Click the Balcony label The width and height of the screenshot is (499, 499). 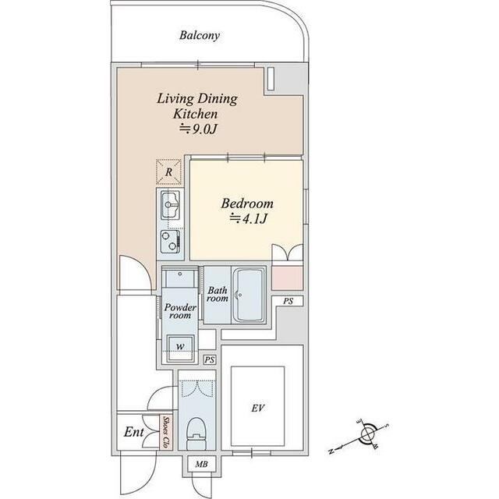point(200,35)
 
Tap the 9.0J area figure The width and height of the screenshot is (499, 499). point(199,129)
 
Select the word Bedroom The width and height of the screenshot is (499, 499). point(247,203)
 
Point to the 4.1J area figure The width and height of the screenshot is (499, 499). point(249,218)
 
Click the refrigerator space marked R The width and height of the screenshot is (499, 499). point(168,172)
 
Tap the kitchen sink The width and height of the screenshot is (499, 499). point(171,205)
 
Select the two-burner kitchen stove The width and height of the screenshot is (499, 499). point(170,242)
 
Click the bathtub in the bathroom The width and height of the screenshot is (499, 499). point(249,296)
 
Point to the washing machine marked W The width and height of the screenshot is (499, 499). point(180,348)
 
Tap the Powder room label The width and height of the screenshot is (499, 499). point(180,311)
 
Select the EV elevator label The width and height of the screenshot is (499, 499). point(257,408)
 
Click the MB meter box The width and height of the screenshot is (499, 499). point(201,464)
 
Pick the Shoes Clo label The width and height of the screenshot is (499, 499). point(166,432)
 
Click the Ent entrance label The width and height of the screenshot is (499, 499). point(133,432)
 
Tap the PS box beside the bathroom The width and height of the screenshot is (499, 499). point(288,301)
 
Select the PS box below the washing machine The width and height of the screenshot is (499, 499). point(210,360)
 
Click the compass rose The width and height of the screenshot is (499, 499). point(367,434)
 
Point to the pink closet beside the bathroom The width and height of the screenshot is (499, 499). point(287,278)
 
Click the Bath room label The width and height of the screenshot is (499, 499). point(218,295)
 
